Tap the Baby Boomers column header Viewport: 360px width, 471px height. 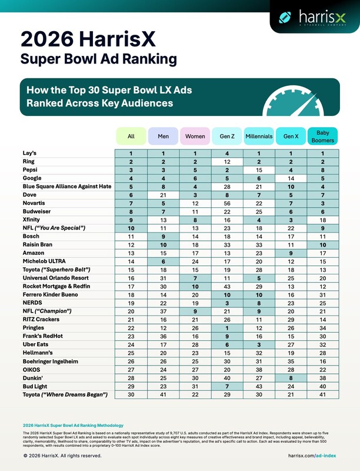click(x=322, y=137)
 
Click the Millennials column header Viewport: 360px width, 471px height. click(x=258, y=137)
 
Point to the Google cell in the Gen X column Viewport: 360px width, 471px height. click(x=290, y=178)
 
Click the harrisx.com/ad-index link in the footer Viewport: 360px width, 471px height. click(x=313, y=456)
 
